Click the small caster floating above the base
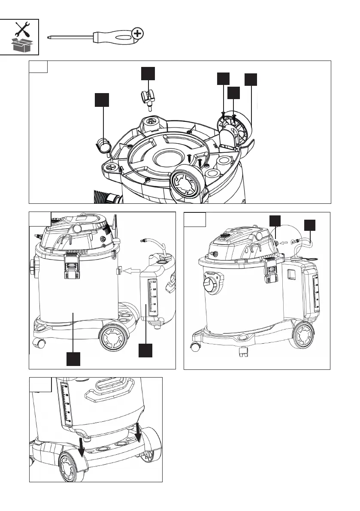pos(149,99)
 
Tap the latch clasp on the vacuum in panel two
pos(71,266)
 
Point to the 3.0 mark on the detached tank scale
pos(154,281)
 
